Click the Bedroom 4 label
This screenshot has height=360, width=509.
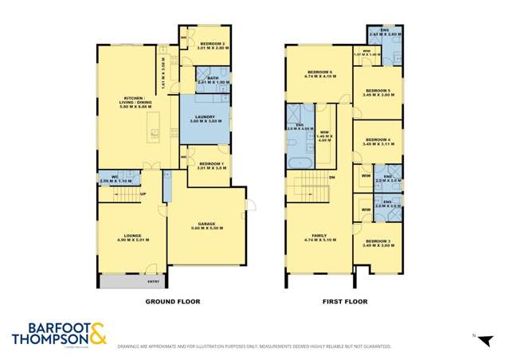(378, 142)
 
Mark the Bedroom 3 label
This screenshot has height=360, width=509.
(378, 241)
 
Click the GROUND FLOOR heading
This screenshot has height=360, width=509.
(172, 302)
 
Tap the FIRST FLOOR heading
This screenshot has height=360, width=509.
(344, 302)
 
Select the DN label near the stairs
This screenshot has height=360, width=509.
(331, 177)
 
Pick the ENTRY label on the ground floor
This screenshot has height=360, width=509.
(153, 281)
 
